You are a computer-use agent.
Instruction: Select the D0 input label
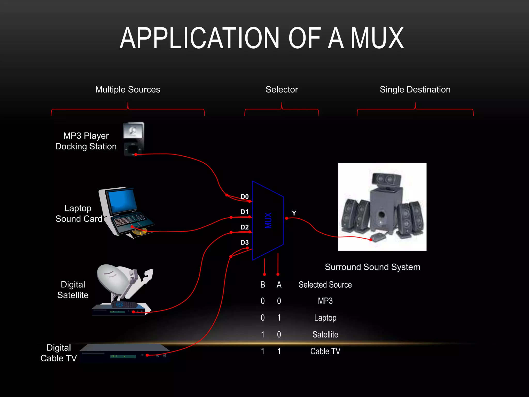pos(244,196)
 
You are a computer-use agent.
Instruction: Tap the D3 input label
pos(244,242)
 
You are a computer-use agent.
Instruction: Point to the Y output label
pos(294,213)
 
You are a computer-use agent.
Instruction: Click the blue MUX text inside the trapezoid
pos(268,220)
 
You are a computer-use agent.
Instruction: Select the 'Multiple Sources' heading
pos(128,89)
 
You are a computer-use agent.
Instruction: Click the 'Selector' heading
pos(282,89)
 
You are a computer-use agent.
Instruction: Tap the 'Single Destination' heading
pos(415,89)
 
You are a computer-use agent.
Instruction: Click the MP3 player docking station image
pos(134,139)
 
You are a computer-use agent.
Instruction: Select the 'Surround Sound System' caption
pos(372,267)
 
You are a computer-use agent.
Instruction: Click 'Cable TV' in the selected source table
pos(325,351)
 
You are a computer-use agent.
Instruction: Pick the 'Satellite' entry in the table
pos(325,334)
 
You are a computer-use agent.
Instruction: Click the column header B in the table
pos(263,285)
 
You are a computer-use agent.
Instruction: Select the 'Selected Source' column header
pos(325,285)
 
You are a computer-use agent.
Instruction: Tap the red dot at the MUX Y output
pos(286,218)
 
